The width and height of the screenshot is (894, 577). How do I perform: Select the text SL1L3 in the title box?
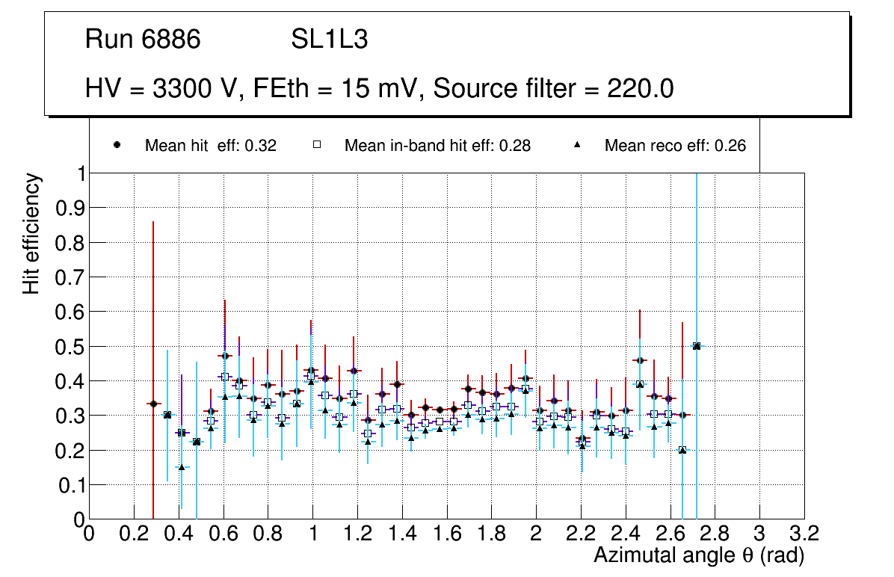329,40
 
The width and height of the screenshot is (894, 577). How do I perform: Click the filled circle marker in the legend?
117,146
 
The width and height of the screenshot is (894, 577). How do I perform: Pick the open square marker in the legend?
316,146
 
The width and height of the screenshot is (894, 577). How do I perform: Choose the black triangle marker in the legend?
577,146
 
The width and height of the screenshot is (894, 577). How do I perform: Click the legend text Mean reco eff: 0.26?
675,146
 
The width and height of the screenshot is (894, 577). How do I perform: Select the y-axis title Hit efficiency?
31,233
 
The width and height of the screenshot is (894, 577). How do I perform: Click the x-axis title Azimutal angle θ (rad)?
699,555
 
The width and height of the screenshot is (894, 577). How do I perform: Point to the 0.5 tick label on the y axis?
69,346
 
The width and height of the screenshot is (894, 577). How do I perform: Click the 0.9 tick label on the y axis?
69,208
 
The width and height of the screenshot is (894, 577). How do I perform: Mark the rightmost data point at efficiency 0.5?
697,346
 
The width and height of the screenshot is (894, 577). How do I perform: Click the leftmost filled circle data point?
153,404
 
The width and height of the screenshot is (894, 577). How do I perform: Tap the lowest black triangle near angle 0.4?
181,467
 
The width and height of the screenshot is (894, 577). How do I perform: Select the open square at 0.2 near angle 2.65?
682,450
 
